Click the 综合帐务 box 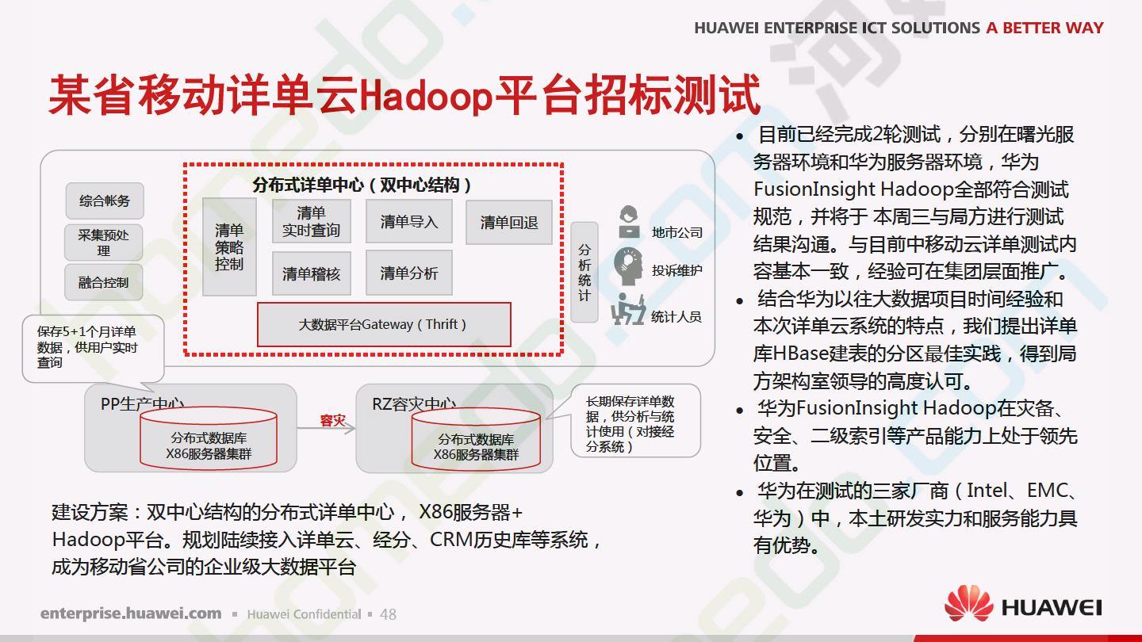tap(105, 201)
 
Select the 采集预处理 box tap(103, 243)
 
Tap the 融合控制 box tap(103, 282)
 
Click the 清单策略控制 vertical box tap(229, 246)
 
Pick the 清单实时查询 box tap(312, 222)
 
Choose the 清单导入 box tap(409, 222)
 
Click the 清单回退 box tap(509, 222)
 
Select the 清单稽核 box tap(312, 273)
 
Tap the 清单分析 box tap(409, 273)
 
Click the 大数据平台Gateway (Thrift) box tap(384, 325)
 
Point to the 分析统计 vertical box tap(584, 272)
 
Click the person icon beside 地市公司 tap(629, 222)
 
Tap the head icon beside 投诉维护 tap(628, 266)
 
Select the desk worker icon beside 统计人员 tap(628, 309)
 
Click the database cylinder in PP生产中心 tap(209, 438)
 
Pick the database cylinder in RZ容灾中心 tap(476, 439)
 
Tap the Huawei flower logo tap(968, 603)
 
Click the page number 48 tap(388, 614)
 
